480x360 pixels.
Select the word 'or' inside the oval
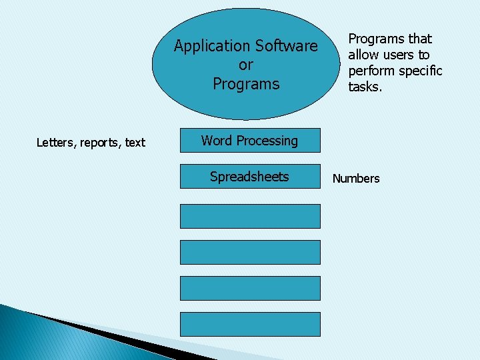click(x=246, y=65)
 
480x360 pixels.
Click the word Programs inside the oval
click(x=246, y=84)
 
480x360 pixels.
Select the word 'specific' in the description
click(x=421, y=71)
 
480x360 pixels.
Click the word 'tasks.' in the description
click(x=365, y=87)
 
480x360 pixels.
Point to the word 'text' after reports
click(x=135, y=142)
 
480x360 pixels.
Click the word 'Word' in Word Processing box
click(x=217, y=141)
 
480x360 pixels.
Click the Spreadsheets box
click(x=250, y=177)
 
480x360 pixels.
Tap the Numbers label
click(x=356, y=178)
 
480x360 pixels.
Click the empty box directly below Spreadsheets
click(x=250, y=216)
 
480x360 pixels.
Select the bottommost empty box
click(x=250, y=324)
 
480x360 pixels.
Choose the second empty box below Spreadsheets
click(x=250, y=252)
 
